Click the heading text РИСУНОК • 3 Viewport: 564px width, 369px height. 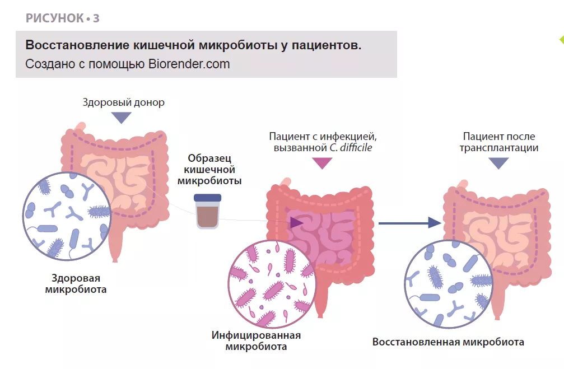pos(62,18)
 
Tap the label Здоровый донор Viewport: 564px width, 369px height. pos(123,102)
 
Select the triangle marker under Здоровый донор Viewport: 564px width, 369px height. pos(121,118)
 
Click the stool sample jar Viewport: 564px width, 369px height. pos(208,211)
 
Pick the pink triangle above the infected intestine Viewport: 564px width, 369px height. pos(321,163)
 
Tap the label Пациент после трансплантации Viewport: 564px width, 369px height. pos(498,142)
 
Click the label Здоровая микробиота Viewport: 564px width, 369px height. pos(76,284)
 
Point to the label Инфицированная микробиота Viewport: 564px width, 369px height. pos(256,341)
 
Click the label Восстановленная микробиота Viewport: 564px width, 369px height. pos(448,342)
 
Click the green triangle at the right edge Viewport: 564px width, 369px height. pos(561,40)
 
